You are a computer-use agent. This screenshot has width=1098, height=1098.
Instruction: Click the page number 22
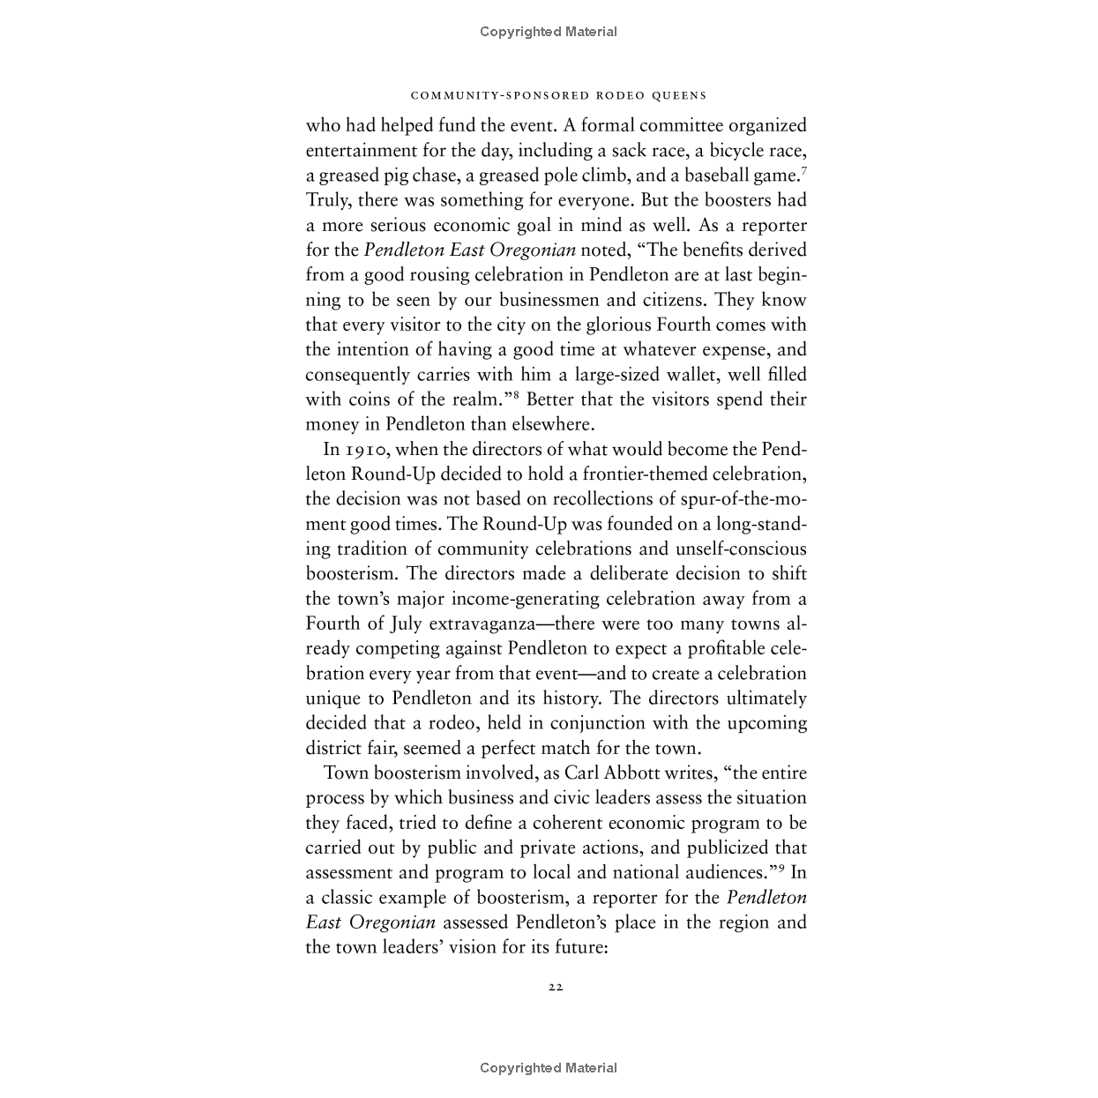[x=555, y=987]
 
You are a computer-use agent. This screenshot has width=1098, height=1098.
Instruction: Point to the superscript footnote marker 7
[x=803, y=168]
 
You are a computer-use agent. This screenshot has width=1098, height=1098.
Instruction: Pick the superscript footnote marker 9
[x=781, y=867]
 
